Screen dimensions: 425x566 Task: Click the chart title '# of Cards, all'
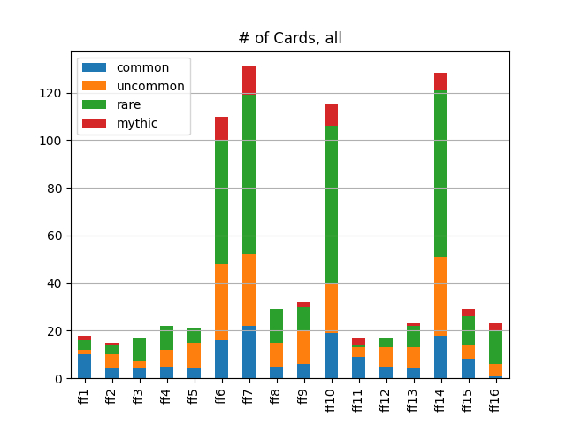tap(289, 38)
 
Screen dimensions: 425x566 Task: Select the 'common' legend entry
tap(141, 67)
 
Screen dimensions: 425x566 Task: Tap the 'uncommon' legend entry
tap(150, 86)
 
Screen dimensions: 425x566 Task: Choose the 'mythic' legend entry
tap(136, 123)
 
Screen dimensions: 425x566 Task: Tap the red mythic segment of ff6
tap(221, 128)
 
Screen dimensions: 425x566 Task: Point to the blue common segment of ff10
tap(331, 355)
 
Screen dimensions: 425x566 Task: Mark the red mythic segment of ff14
tap(440, 81)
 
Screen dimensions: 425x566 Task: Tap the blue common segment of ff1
tap(84, 366)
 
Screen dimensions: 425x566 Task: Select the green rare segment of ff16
tap(495, 347)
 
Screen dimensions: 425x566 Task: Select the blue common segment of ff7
tap(249, 352)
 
